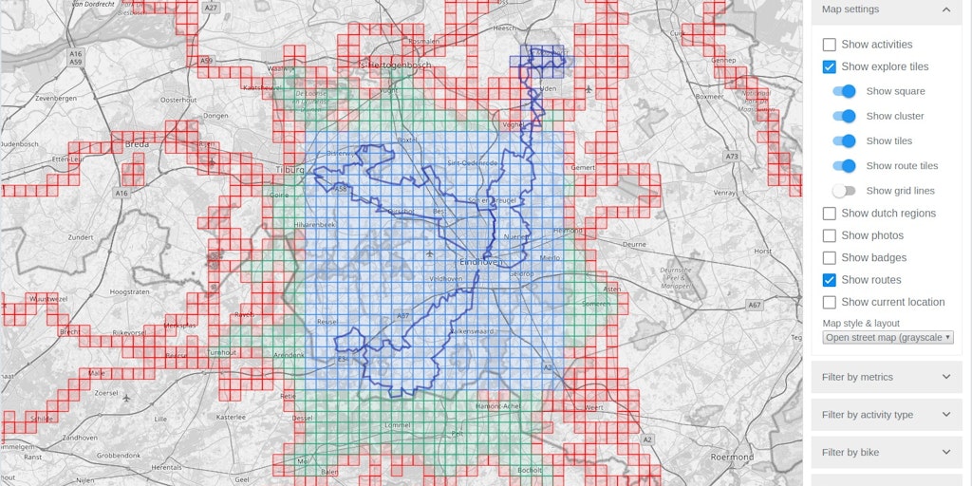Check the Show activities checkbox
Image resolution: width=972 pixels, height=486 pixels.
pos(830,45)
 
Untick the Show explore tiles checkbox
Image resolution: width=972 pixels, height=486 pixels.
pos(830,66)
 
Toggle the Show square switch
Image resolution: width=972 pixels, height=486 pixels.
pos(844,91)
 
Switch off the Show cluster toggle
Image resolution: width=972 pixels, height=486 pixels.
pos(844,116)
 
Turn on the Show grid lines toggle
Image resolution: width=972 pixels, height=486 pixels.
pos(844,191)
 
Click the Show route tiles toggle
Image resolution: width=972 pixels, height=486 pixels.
pos(844,166)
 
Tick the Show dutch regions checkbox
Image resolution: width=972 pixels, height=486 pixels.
pos(830,214)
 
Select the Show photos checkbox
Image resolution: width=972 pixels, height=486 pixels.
pos(830,235)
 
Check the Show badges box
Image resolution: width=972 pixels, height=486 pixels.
pos(830,257)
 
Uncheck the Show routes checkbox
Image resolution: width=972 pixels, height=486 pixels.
pos(830,280)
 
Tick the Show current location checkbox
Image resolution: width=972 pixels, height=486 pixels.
pos(830,302)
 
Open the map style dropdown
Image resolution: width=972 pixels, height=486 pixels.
pos(888,337)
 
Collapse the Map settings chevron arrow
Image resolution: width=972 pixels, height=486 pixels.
pos(946,9)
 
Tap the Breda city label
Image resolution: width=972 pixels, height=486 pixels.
pos(137,145)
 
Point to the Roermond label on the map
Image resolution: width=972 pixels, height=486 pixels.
pos(732,457)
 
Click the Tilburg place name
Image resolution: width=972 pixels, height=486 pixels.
pos(289,170)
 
